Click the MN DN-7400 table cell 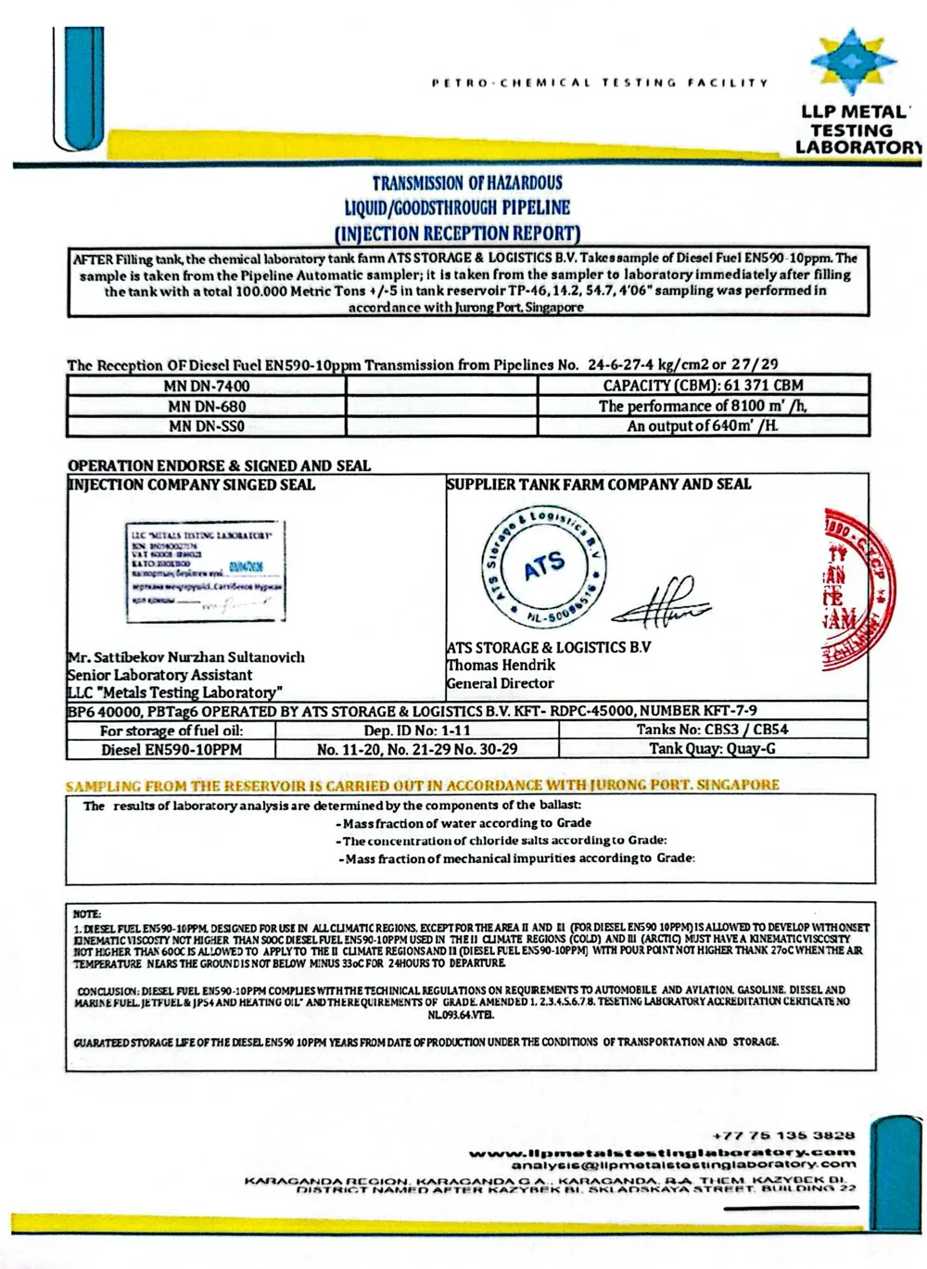click(208, 386)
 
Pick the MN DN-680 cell click(208, 406)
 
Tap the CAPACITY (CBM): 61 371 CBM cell click(703, 386)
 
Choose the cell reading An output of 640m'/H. click(703, 426)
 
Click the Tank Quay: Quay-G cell click(712, 749)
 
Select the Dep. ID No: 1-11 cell click(417, 730)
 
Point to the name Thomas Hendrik click(502, 666)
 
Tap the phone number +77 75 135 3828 click(784, 1135)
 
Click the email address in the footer click(684, 1164)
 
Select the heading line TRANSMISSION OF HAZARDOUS click(467, 184)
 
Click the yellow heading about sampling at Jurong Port click(423, 785)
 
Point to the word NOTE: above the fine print click(86, 914)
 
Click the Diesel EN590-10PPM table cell click(171, 749)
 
